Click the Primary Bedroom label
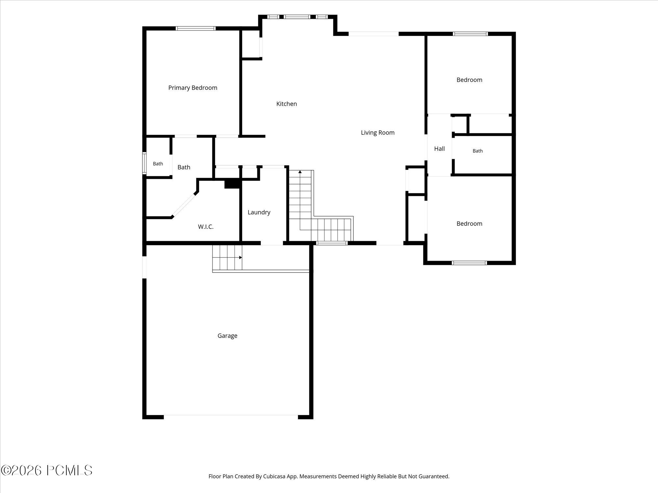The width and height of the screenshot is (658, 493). (193, 88)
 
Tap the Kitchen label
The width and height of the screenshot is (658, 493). (287, 104)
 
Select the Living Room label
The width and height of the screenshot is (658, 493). (378, 133)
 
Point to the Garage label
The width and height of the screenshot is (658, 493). (227, 336)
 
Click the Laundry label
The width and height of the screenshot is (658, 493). (259, 213)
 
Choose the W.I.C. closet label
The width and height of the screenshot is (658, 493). (206, 227)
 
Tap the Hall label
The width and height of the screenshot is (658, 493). (440, 149)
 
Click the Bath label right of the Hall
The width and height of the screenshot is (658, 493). (478, 151)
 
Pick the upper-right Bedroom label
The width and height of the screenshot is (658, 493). (469, 80)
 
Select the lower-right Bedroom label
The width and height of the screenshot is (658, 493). (469, 224)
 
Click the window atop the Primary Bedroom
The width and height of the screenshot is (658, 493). (196, 29)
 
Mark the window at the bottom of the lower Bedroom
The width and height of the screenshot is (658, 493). (469, 263)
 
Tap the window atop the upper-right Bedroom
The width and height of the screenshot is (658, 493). (470, 34)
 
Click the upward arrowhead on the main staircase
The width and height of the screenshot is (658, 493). (300, 172)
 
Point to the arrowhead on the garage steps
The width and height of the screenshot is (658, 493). (240, 258)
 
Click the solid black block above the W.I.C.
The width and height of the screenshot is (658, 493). (233, 184)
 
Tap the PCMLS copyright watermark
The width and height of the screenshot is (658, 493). (46, 471)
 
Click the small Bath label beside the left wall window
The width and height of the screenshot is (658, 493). (158, 164)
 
